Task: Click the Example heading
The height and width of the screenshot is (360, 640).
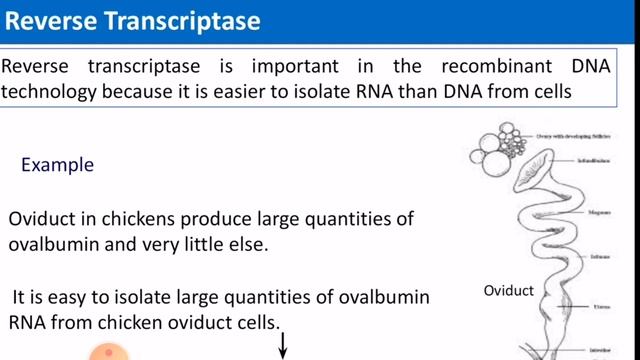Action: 57,165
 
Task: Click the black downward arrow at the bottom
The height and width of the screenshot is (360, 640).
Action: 283,346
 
